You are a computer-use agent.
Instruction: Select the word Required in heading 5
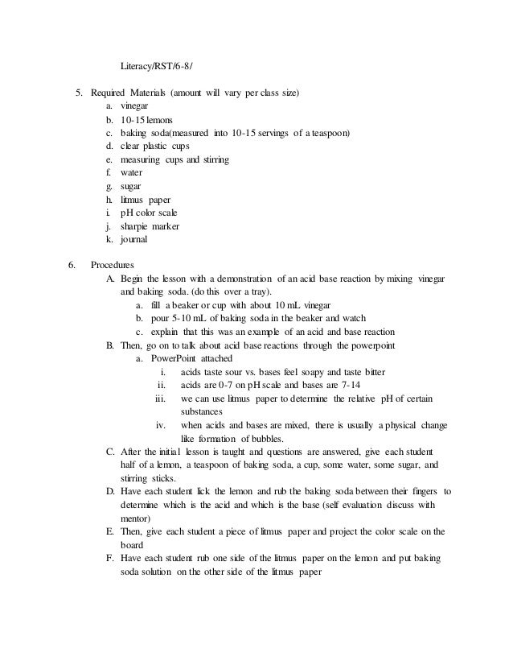[x=110, y=93]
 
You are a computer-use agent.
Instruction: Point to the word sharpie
[x=138, y=226]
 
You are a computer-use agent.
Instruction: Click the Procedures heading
[x=113, y=264]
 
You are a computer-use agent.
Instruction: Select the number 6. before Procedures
[x=72, y=264]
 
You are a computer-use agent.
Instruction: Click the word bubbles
[x=265, y=438]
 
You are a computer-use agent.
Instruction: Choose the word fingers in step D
[x=421, y=491]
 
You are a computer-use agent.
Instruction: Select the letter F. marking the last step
[x=110, y=558]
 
